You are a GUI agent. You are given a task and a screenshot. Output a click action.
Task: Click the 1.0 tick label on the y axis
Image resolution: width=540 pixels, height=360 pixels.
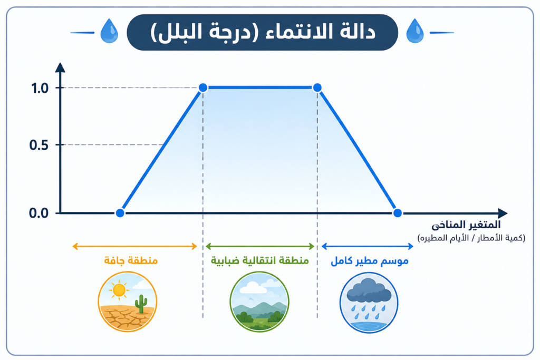(40, 89)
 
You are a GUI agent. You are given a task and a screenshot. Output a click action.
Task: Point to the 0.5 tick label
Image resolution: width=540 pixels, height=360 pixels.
(39, 145)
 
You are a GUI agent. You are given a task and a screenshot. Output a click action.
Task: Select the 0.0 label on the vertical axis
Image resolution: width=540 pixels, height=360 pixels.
(39, 213)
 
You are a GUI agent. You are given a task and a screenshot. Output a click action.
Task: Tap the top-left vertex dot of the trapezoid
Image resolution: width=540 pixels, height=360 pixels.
(203, 88)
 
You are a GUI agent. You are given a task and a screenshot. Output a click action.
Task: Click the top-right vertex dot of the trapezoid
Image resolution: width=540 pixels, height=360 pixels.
(317, 88)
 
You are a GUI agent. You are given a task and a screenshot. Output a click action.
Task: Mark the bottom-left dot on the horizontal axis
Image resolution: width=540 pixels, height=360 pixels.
(120, 213)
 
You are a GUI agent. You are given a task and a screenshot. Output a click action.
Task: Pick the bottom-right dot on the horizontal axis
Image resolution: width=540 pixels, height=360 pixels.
(398, 213)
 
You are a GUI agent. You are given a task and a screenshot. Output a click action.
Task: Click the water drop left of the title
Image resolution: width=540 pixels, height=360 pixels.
(109, 31)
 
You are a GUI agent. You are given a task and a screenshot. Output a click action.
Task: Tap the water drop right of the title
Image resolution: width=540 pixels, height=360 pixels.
(415, 31)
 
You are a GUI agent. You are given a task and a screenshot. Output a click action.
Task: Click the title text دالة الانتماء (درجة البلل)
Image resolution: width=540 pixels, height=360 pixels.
(263, 32)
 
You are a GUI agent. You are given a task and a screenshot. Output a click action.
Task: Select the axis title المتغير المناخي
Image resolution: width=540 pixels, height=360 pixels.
(466, 225)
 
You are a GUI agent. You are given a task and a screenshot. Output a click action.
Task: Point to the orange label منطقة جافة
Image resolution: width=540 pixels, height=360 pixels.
(131, 260)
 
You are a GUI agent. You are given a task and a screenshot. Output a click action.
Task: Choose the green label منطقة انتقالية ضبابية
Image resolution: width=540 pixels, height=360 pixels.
(259, 260)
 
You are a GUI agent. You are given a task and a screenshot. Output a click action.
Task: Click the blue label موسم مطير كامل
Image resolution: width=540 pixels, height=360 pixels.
(370, 261)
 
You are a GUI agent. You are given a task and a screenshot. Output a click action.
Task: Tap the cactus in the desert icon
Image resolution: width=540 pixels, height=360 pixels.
(141, 304)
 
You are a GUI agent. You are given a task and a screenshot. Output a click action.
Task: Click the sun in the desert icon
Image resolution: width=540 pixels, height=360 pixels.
(119, 290)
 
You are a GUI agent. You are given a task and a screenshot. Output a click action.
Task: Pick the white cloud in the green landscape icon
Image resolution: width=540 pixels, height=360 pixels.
(254, 288)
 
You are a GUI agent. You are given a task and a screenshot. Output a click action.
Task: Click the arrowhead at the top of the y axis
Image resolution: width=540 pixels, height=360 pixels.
(60, 67)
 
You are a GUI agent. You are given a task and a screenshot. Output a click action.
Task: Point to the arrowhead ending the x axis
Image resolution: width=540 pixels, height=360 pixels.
(503, 213)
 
